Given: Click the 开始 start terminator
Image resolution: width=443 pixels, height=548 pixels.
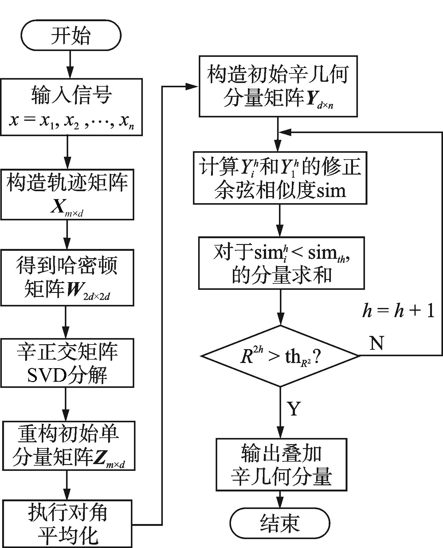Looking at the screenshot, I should coord(71,35).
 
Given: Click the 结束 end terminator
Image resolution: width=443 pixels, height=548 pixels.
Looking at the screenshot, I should coord(280,523).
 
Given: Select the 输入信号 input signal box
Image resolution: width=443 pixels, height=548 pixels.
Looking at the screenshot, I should coord(71,107).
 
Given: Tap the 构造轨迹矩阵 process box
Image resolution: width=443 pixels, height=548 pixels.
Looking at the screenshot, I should coord(67,194).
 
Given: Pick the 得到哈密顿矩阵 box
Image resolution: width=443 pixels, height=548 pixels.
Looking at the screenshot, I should coord(67,278).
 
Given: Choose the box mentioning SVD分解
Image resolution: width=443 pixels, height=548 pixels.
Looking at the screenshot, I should coord(67,363).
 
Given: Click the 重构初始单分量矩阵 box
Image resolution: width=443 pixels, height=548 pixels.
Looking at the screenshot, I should coord(69,446).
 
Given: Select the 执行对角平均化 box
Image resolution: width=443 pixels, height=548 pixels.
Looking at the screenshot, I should coord(67,523).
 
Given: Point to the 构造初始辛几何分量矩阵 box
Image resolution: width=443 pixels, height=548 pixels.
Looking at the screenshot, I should coord(278,86).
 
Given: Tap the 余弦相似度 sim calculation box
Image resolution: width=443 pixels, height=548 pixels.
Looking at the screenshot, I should coord(280,178).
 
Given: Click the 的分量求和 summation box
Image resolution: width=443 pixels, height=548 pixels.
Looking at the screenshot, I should coord(281,263).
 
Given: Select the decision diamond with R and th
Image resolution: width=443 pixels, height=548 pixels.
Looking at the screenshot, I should coord(280,356).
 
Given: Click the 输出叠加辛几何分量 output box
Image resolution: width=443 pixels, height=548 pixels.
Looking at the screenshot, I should coord(281,464).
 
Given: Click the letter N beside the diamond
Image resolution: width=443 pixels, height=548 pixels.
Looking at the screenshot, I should coord(377,343).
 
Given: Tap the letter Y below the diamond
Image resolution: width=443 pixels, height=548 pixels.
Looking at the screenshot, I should coord(294,408).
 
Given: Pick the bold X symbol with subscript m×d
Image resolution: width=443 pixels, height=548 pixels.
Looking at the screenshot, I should coord(57,208).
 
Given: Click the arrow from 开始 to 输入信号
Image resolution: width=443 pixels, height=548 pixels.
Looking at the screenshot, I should coord(70,65).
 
